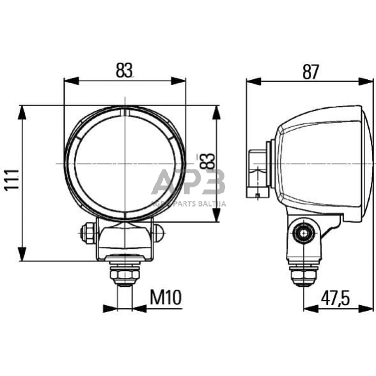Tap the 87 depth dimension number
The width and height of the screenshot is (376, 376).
click(310, 72)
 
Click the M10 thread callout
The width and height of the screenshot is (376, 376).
click(166, 297)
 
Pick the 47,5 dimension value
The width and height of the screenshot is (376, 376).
click(338, 297)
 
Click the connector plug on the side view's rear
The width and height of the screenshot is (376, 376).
click(258, 171)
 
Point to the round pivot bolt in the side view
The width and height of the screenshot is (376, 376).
click(300, 233)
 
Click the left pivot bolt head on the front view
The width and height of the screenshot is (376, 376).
click(87, 231)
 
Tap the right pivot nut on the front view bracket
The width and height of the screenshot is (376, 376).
click(158, 231)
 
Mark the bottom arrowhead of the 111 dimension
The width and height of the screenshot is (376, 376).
click(22, 255)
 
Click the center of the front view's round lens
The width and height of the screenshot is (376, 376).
click(125, 164)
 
